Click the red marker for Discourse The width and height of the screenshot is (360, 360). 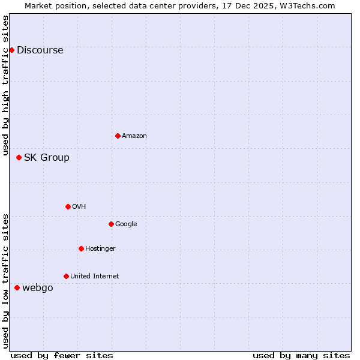tap(11, 50)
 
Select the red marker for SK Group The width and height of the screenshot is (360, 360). tap(19, 157)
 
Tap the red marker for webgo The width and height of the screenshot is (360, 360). tap(17, 287)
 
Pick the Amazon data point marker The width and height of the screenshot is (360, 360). tap(118, 136)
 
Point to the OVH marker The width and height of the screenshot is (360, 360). tap(68, 206)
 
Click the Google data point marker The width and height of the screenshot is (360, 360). tap(111, 224)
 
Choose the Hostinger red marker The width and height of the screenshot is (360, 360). tap(81, 248)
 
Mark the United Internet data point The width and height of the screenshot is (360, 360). tap(66, 276)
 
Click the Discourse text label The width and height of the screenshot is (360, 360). tap(40, 50)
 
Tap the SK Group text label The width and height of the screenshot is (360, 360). tap(46, 158)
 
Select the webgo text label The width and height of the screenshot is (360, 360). tap(37, 288)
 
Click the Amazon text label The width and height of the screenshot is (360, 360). tap(134, 136)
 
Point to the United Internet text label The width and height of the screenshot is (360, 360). tap(94, 277)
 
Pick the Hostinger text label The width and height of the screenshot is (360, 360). tap(100, 249)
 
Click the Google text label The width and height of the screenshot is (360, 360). tap(126, 224)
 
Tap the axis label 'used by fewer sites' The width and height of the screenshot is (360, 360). tap(62, 355)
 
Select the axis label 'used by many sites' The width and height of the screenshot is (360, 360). tap(301, 355)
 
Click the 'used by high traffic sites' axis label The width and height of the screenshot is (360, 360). tap(6, 85)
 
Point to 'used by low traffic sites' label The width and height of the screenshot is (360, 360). tap(6, 280)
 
